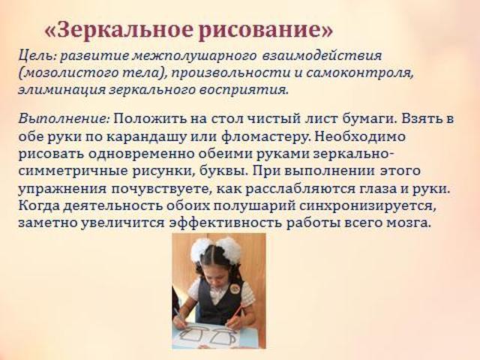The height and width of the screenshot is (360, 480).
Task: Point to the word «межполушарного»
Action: click(x=195, y=55)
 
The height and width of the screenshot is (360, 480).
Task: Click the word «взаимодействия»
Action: click(x=322, y=55)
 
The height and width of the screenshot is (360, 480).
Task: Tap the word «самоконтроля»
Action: click(x=360, y=73)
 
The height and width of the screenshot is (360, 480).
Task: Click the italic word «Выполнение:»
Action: click(x=64, y=119)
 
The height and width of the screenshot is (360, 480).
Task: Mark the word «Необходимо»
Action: click(x=360, y=136)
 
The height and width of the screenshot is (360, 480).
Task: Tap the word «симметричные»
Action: click(x=73, y=171)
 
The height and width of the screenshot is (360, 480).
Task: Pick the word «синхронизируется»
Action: click(x=368, y=205)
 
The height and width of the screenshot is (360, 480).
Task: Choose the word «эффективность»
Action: click(x=225, y=223)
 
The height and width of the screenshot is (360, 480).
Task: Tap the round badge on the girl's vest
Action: click(x=235, y=288)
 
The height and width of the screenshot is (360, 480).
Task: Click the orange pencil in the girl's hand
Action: click(x=235, y=316)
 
